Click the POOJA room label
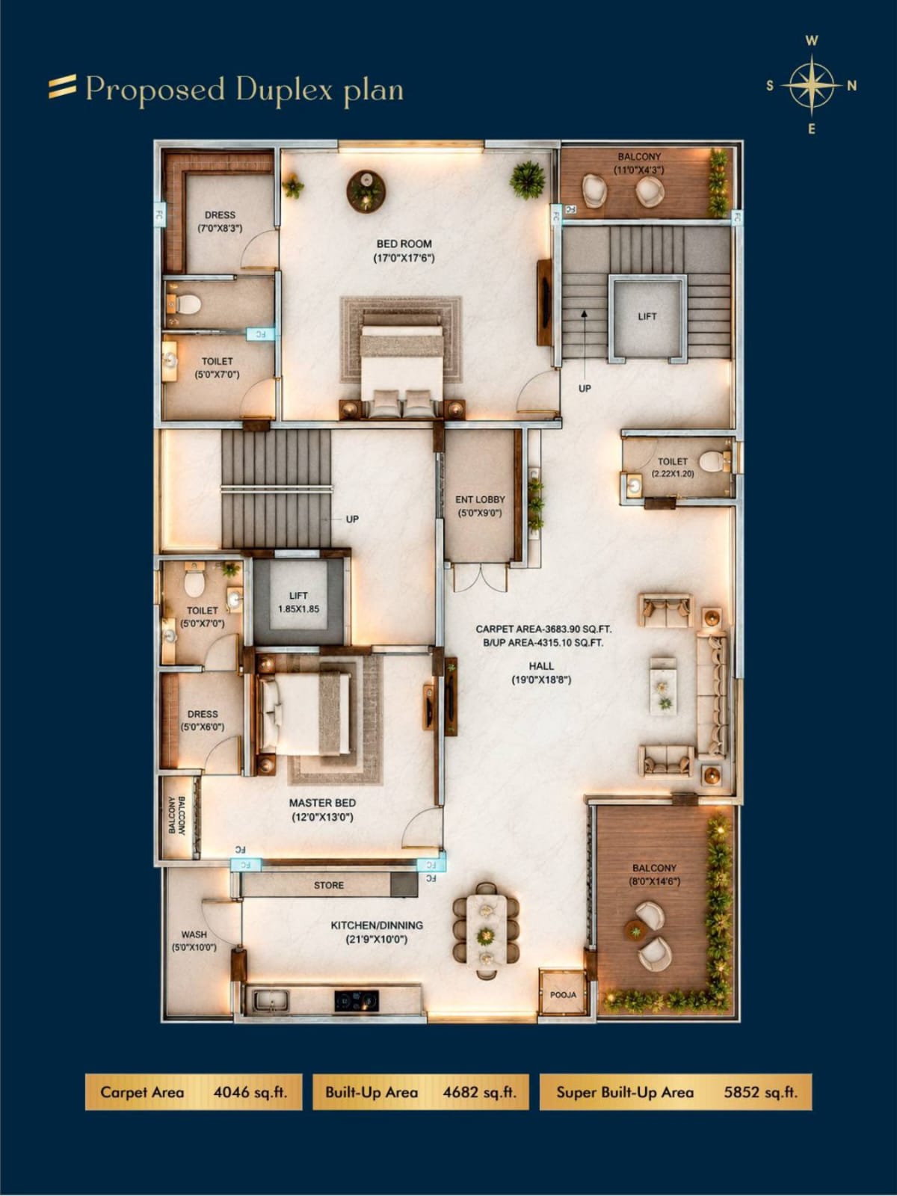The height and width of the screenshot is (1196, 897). click(x=563, y=994)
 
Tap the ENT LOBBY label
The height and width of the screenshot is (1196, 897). click(x=480, y=499)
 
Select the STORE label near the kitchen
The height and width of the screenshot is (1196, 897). click(x=328, y=886)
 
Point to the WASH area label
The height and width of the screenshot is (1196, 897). click(x=194, y=934)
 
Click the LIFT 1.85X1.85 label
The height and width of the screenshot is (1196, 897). click(x=298, y=602)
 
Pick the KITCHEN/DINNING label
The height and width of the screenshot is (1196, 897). click(x=377, y=925)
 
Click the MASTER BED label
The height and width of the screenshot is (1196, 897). click(x=322, y=803)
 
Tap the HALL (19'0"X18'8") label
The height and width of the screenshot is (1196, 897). click(x=540, y=672)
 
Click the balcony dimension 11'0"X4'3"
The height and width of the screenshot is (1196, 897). click(x=640, y=170)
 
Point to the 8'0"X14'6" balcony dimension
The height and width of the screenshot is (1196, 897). click(x=655, y=881)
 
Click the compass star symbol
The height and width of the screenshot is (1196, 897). click(x=812, y=85)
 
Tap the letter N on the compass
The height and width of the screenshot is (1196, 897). click(x=852, y=85)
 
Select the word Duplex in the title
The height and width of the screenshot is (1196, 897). click(x=284, y=90)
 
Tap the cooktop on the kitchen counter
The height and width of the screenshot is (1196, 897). click(x=357, y=1000)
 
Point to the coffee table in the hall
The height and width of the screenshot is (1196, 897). click(x=663, y=683)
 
